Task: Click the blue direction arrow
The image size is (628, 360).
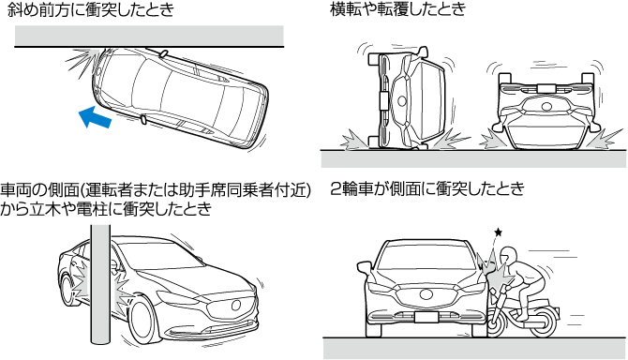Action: pos(95,118)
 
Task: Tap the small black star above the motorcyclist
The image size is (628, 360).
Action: pos(498,232)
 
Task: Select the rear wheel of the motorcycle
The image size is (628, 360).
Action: pos(543,321)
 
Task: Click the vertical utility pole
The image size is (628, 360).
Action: pos(99,284)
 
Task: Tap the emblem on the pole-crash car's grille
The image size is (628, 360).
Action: pos(236,305)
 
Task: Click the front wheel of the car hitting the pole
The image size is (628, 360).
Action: pos(142,322)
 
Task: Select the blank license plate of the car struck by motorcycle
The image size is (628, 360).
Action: pos(426,317)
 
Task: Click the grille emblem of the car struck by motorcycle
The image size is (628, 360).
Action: pos(426,294)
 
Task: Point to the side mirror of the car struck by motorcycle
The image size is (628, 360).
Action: pos(365,267)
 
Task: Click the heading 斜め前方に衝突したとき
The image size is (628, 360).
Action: pos(91,9)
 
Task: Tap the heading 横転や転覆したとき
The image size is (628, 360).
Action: pos(398,8)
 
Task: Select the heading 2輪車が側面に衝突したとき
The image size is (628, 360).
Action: pos(426,188)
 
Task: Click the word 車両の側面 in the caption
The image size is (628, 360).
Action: pos(37,190)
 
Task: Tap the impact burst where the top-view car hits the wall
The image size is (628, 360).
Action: pos(82,60)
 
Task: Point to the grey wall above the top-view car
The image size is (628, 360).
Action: pos(149,36)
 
